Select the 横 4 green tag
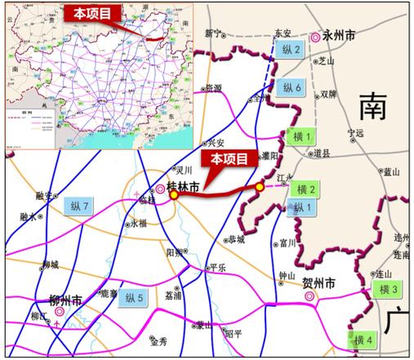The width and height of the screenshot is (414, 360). pos(364,339)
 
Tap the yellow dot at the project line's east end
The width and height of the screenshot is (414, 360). pos(260,188)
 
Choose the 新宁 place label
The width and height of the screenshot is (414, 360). pos(213,33)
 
